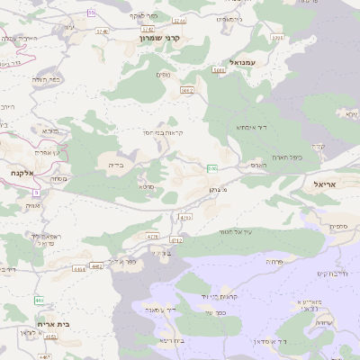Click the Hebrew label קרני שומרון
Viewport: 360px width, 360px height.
161,39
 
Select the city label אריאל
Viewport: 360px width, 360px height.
323,183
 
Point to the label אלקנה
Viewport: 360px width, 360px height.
22,172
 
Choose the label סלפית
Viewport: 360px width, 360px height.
338,226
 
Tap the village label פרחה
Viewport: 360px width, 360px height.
274,260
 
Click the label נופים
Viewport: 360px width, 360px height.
164,74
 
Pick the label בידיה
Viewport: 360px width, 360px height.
116,165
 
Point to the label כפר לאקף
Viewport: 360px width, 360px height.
143,16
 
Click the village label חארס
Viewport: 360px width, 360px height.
258,165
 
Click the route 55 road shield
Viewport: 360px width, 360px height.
92,12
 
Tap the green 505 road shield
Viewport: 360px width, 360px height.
211,168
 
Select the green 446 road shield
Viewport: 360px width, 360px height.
40,300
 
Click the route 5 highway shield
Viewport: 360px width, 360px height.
36,192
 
